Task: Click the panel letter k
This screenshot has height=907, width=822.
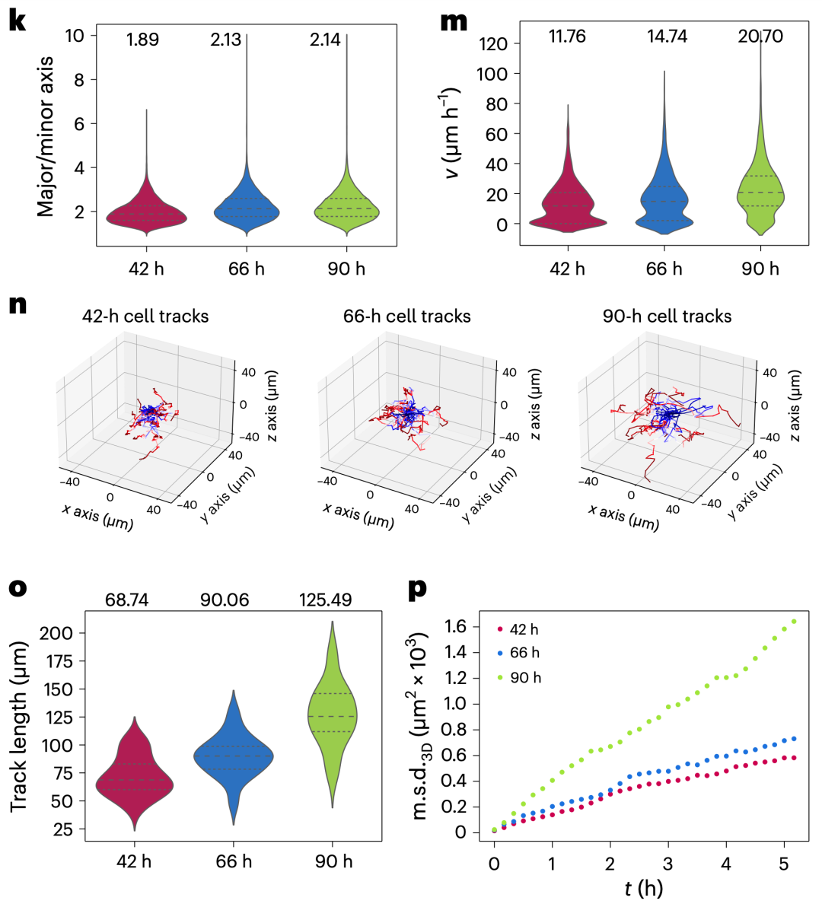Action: point(17,20)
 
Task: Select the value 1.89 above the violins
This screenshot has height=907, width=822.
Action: point(142,40)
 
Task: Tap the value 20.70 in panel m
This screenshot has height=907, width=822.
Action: point(760,36)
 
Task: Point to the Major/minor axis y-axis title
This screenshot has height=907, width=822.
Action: point(46,135)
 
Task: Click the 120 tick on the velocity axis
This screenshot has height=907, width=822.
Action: point(492,44)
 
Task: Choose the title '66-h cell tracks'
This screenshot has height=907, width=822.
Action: point(406,316)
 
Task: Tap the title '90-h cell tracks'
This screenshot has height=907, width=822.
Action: point(667,316)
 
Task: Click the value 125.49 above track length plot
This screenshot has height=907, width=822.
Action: point(325,600)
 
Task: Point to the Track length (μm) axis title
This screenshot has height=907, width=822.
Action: point(20,726)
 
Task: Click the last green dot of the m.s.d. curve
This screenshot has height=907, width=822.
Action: point(795,622)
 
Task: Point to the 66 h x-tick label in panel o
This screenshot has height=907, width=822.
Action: point(234,861)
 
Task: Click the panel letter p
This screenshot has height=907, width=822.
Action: point(418,588)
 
